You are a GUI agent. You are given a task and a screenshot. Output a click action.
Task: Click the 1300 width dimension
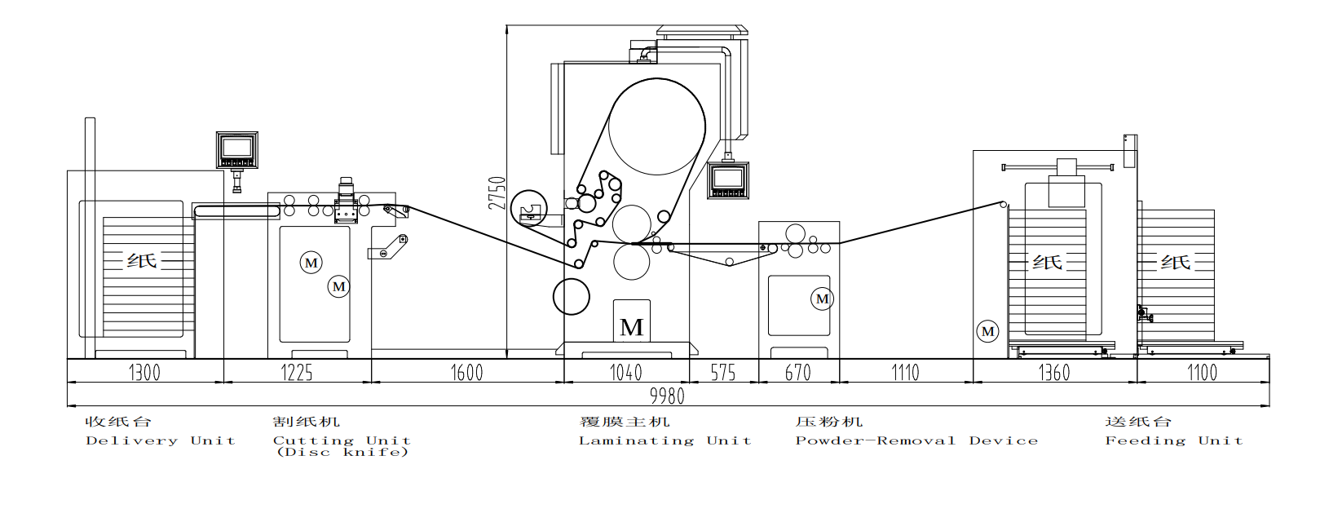[145, 373]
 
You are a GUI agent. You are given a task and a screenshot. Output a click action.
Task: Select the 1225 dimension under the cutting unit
[297, 373]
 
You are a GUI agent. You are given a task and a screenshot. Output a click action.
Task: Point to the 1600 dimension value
[467, 373]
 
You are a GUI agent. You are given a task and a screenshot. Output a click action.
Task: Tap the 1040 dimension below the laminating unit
[626, 373]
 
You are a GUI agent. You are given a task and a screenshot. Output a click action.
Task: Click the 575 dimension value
[723, 373]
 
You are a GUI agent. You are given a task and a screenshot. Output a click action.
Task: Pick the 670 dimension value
[798, 373]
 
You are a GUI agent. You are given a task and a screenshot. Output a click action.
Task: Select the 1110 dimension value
[905, 373]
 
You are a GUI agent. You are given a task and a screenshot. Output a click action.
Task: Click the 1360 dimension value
[1054, 373]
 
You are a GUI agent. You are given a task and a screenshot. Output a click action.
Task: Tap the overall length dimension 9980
[668, 396]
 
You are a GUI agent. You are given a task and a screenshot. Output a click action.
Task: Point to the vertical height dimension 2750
[497, 192]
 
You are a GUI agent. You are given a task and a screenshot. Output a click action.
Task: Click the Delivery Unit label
[161, 440]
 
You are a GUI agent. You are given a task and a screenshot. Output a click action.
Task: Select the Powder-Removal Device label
[916, 440]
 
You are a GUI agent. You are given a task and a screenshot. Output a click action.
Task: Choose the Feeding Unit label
[1174, 440]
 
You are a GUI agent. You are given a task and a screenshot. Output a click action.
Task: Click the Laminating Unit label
[665, 440]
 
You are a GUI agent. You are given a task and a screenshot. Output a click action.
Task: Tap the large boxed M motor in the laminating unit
[631, 321]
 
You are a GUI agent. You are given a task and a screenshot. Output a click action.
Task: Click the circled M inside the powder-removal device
[823, 299]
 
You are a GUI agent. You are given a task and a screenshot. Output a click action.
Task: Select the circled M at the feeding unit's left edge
[988, 332]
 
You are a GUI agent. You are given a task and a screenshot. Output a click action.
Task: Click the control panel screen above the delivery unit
[236, 147]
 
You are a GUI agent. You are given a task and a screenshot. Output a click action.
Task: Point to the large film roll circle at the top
[657, 126]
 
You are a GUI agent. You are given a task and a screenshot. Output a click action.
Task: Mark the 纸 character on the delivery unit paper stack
[142, 260]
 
